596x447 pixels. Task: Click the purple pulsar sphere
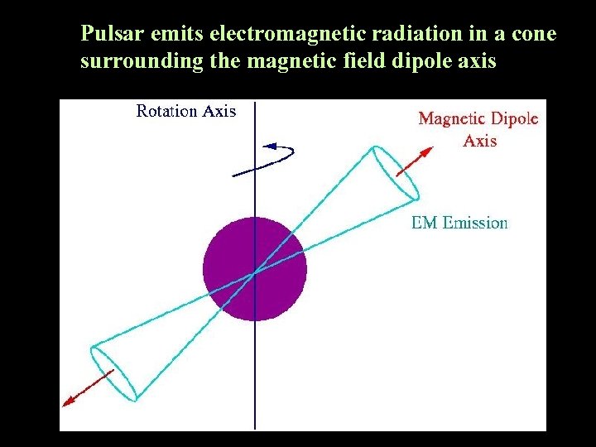[255, 268]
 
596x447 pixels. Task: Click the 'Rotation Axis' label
[186, 111]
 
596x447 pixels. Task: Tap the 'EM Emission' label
[459, 222]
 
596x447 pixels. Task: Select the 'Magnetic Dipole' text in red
[478, 118]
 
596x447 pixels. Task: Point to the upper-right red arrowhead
[427, 151]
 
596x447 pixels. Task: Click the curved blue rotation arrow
[265, 159]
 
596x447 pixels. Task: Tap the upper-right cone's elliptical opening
[394, 174]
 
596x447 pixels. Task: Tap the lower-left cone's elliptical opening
[113, 372]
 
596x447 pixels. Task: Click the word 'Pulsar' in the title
[107, 35]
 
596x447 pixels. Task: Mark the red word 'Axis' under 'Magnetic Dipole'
[480, 140]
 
